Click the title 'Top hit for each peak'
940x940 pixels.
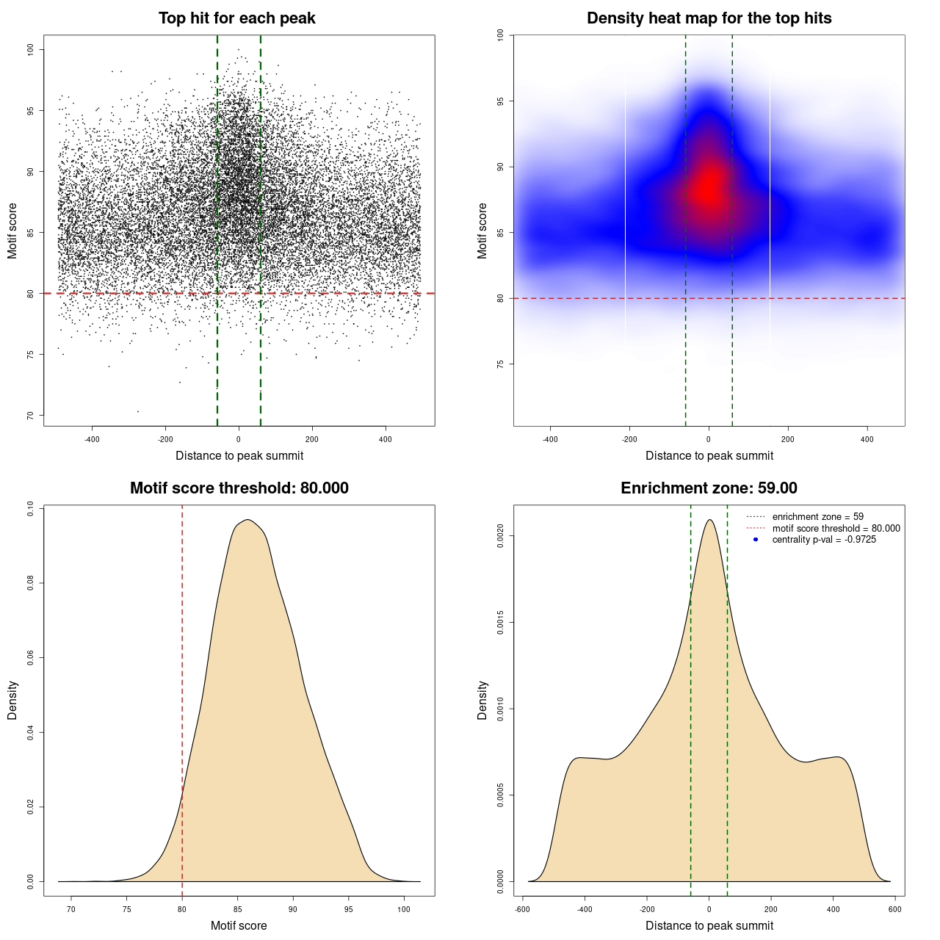coord(236,18)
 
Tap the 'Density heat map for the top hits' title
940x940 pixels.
coord(709,18)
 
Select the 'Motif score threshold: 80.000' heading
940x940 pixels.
coord(239,488)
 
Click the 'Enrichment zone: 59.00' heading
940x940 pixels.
coord(709,488)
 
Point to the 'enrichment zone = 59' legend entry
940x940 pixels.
coord(817,517)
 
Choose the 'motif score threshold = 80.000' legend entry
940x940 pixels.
coord(836,529)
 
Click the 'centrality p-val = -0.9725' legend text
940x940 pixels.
coord(824,540)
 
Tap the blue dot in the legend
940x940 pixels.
coord(756,540)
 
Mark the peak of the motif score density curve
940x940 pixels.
coord(248,520)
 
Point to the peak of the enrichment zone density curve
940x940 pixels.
coord(709,520)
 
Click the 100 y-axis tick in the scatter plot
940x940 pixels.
coord(31,49)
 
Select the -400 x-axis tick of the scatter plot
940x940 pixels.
coord(92,440)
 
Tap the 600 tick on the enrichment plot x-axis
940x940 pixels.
coord(894,910)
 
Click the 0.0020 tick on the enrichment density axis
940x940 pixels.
coord(501,536)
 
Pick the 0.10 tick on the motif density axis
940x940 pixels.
coord(31,508)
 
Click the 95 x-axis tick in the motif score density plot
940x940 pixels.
coord(349,910)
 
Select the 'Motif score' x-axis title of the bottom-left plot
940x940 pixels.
coord(239,926)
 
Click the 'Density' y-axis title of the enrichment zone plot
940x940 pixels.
coord(482,700)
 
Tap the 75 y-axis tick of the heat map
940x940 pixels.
coord(501,364)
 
